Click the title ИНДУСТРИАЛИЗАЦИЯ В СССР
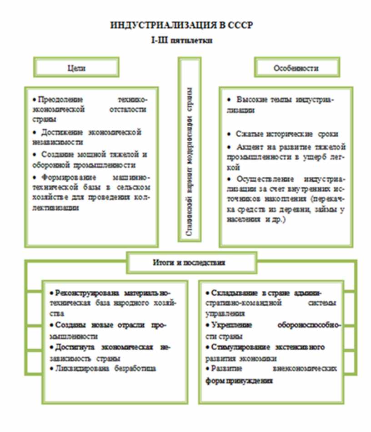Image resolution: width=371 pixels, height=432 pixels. (x=181, y=25)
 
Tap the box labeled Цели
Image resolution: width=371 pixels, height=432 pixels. (x=76, y=68)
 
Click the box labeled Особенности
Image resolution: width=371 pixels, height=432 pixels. (x=296, y=68)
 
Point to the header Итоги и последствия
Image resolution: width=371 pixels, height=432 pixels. (x=191, y=263)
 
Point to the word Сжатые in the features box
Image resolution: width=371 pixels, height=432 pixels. (x=248, y=135)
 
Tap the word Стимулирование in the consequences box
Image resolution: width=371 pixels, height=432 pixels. (x=240, y=348)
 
